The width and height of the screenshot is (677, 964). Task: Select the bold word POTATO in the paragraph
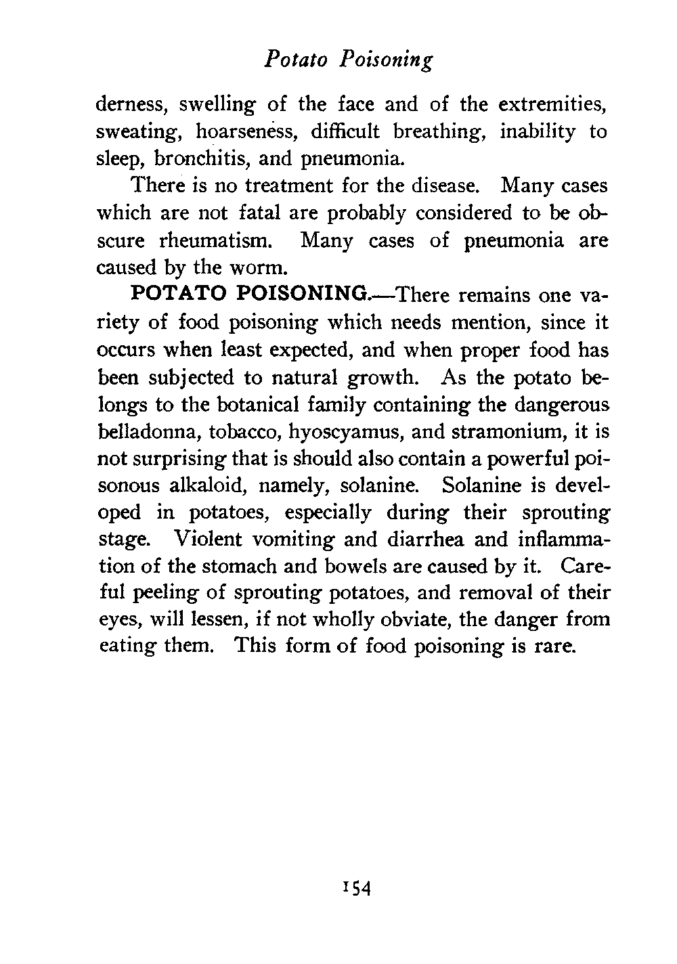tap(177, 296)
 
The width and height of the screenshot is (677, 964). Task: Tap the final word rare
tap(556, 648)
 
